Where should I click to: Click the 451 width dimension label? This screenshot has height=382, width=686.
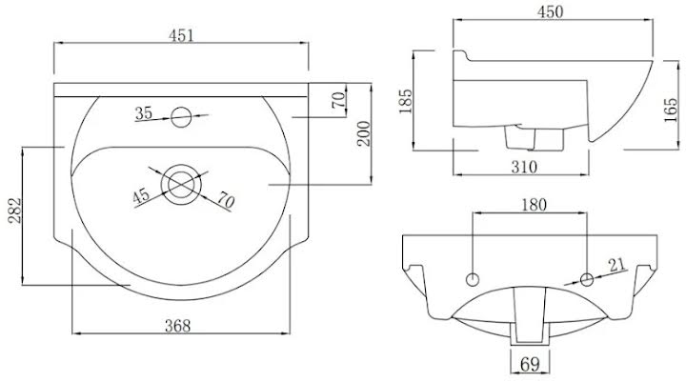[x=181, y=35]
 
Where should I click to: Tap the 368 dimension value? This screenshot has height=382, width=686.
[x=177, y=326]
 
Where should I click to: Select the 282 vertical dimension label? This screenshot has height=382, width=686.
[x=15, y=211]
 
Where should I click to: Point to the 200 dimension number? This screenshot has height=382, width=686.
[x=364, y=134]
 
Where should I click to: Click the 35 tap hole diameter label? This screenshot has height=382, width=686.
[x=144, y=113]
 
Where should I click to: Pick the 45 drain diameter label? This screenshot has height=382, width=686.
[x=141, y=195]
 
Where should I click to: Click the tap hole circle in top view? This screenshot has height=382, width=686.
[x=181, y=117]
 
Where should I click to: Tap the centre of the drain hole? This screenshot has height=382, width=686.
[x=181, y=184]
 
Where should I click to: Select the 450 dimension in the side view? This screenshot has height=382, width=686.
[x=550, y=11]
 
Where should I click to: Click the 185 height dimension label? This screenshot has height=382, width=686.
[x=406, y=101]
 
